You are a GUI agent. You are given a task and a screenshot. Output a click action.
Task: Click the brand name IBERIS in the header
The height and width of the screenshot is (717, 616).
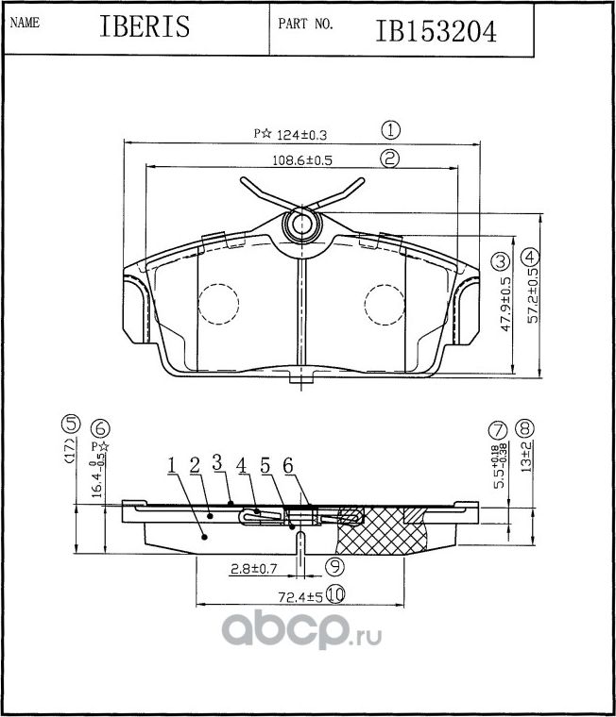pos(145,26)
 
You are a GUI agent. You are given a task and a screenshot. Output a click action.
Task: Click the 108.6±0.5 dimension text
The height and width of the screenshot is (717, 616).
pos(302,160)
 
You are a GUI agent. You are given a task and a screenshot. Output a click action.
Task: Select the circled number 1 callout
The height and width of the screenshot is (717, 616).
pos(391,131)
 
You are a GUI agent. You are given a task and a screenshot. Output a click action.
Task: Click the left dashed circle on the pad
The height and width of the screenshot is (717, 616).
pos(219,304)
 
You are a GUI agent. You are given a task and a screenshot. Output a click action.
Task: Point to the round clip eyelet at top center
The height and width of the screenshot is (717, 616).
pos(300,225)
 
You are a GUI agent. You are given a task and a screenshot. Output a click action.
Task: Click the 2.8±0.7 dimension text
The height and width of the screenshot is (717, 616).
pos(253,569)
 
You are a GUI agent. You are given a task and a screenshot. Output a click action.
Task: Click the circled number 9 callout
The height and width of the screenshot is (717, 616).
pos(333,567)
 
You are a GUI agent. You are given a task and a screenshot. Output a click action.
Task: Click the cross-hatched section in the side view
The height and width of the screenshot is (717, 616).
pos(383,532)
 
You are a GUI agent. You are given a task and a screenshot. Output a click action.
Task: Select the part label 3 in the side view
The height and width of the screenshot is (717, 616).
pos(216,462)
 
